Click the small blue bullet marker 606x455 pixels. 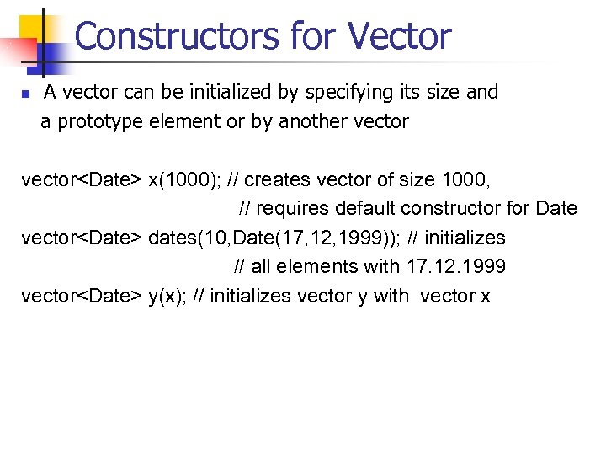[x=25, y=94]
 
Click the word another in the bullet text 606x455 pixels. [x=317, y=122]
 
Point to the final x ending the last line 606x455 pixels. [x=485, y=297]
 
